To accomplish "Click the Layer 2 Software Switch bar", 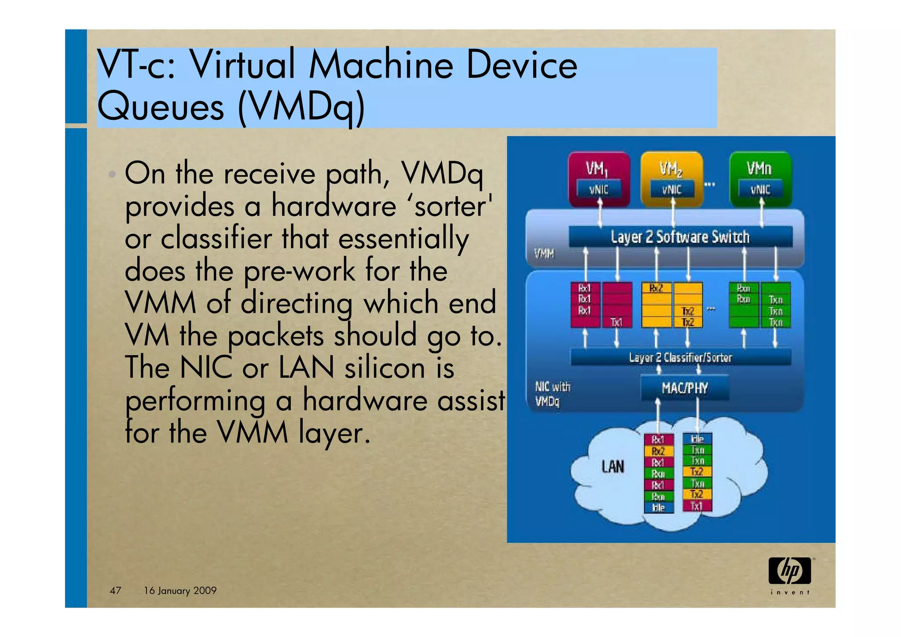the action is pyautogui.click(x=680, y=237).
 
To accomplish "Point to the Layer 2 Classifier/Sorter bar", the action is pyautogui.click(x=680, y=357).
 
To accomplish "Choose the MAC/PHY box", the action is pyautogui.click(x=685, y=388).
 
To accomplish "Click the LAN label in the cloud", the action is pyautogui.click(x=613, y=467).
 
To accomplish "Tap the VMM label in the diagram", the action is pyautogui.click(x=544, y=254).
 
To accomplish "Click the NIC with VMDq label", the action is pyautogui.click(x=552, y=394).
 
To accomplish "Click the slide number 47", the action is pyautogui.click(x=115, y=590).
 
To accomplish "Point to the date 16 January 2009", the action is pyautogui.click(x=180, y=590).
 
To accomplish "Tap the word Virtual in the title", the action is pyautogui.click(x=243, y=65).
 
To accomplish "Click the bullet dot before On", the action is pyautogui.click(x=113, y=174).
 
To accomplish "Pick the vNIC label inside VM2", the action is pyautogui.click(x=672, y=190).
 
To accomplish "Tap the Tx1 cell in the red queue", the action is pyautogui.click(x=617, y=322).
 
